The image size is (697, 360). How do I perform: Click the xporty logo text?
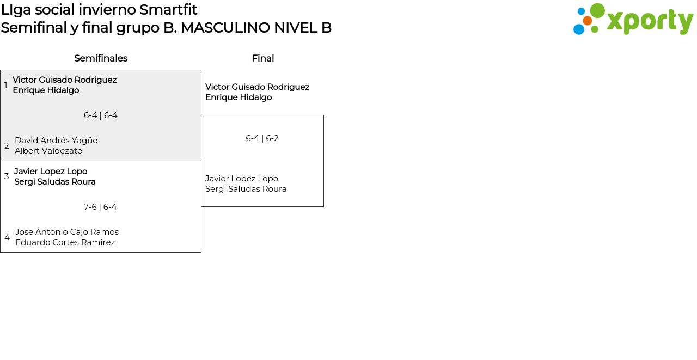click(x=650, y=22)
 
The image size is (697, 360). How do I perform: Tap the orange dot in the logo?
click(x=587, y=21)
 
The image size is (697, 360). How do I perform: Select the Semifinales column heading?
click(x=101, y=58)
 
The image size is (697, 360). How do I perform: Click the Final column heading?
click(x=262, y=58)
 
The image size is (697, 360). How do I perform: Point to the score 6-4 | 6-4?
click(x=101, y=115)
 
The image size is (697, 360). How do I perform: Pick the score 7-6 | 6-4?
click(x=100, y=207)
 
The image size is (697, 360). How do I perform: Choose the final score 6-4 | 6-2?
click(x=262, y=138)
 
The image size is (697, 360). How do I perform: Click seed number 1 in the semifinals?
click(x=6, y=86)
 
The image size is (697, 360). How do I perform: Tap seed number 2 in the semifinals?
click(x=7, y=146)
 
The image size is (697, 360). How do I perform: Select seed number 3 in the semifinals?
click(x=7, y=176)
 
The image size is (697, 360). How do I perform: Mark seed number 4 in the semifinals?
click(x=7, y=237)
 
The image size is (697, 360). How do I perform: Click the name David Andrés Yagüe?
click(x=56, y=141)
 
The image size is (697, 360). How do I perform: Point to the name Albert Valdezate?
click(x=48, y=151)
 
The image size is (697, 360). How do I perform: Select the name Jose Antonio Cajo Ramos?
click(x=67, y=232)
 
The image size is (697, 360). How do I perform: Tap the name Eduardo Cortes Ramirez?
click(x=65, y=242)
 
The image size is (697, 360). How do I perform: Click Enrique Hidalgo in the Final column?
click(x=239, y=97)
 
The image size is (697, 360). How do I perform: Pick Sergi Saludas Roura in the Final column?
click(x=246, y=189)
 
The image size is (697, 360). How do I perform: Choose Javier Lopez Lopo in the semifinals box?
click(x=51, y=172)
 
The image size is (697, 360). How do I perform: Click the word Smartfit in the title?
click(x=168, y=10)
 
